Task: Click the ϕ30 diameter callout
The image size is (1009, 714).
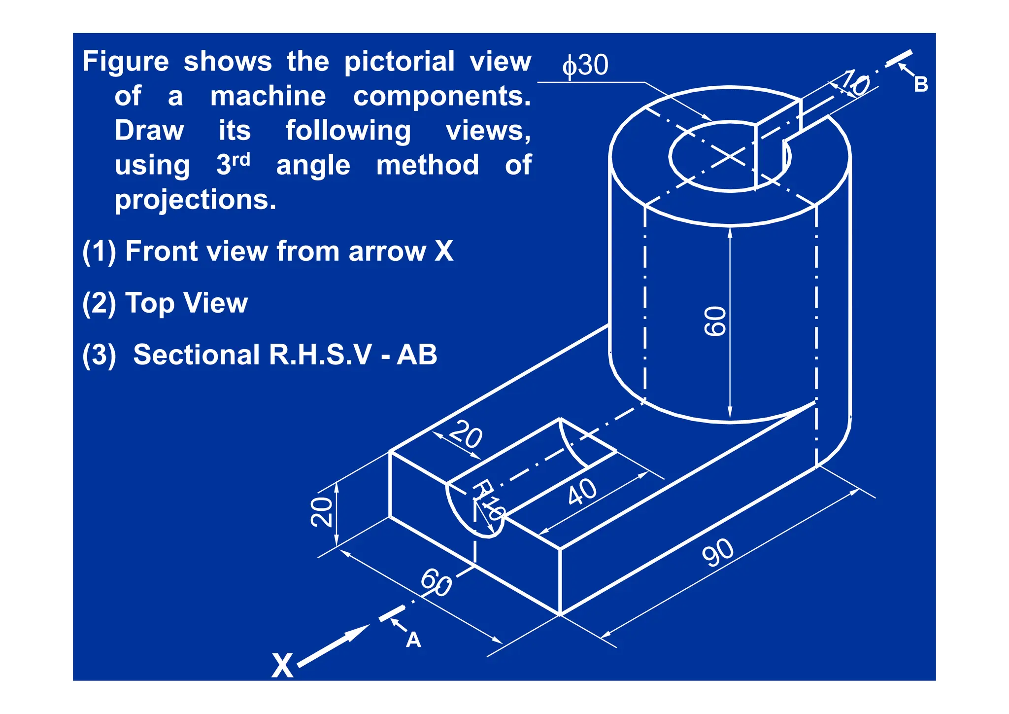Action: [x=586, y=65]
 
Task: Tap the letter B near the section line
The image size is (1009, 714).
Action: [x=920, y=85]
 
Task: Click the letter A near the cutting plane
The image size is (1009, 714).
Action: [x=413, y=640]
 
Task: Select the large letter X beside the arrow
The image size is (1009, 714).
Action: [x=282, y=666]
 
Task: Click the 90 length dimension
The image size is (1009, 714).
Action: [x=718, y=553]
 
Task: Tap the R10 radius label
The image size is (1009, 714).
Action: [x=488, y=499]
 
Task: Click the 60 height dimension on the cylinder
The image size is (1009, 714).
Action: [x=715, y=321]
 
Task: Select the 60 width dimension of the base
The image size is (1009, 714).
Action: [x=436, y=582]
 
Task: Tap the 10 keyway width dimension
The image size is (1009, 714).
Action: [x=854, y=83]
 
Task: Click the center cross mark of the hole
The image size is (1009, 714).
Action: [x=730, y=157]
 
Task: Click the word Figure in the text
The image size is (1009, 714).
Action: [x=126, y=62]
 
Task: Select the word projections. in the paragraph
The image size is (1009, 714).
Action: [x=196, y=200]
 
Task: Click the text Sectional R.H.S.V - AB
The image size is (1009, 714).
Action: [x=285, y=355]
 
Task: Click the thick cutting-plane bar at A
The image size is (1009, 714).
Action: [x=392, y=613]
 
